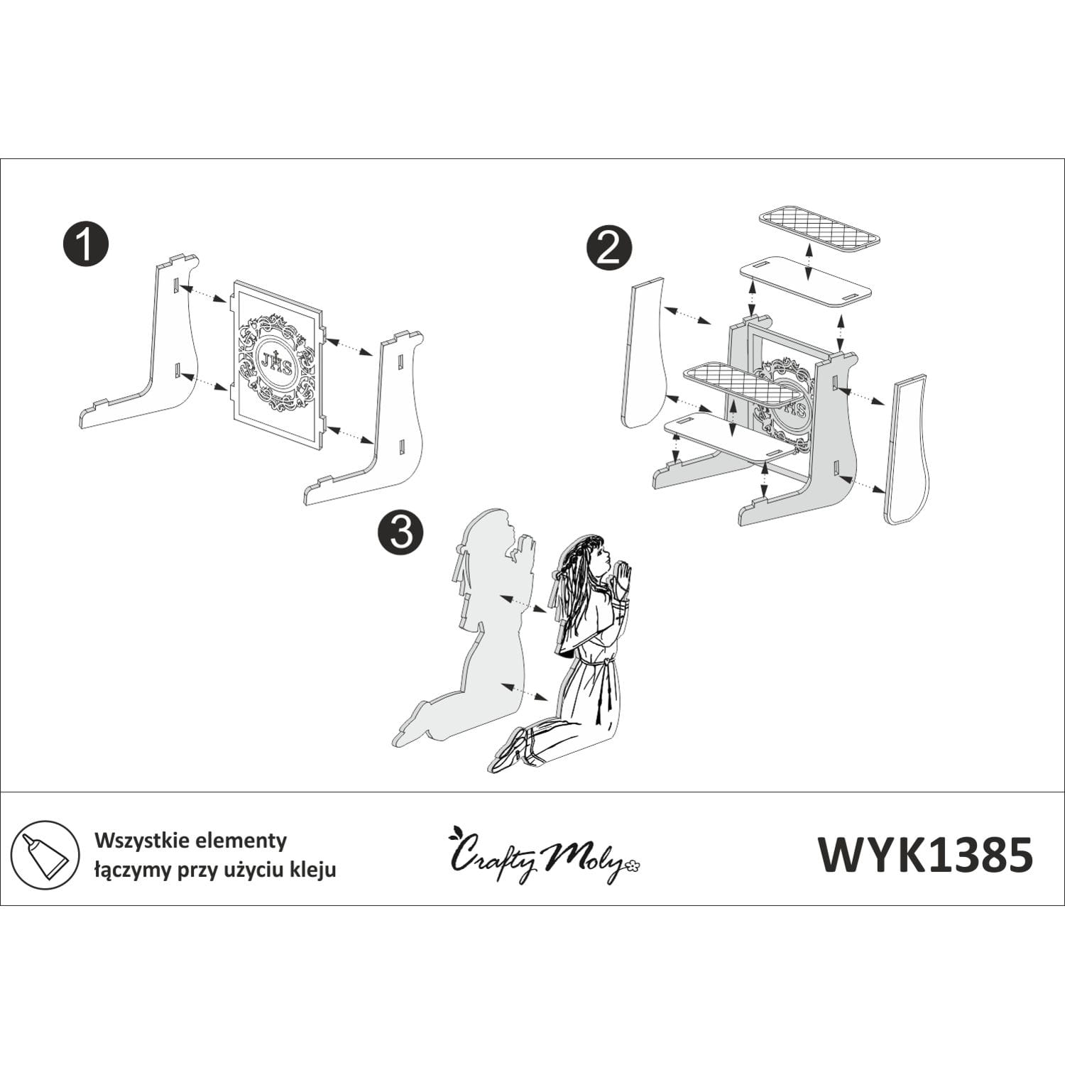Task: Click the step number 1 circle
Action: coord(86,244)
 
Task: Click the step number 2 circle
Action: coord(608,249)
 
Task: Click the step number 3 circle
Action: coord(401,532)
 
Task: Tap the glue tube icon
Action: coord(45,854)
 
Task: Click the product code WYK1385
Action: coord(925,854)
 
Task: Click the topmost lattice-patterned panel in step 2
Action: coord(819,231)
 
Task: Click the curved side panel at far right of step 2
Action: coord(908,449)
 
